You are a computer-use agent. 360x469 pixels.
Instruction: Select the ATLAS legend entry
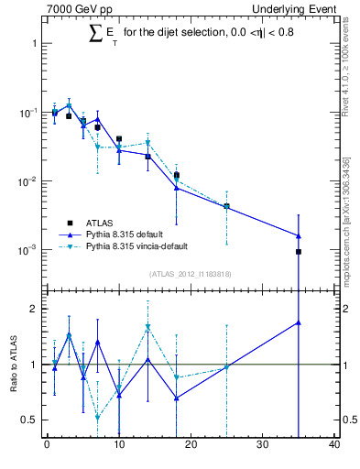[101, 222]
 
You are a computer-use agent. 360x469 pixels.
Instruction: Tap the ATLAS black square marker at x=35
[299, 251]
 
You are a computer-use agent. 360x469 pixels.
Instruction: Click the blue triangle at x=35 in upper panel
[299, 235]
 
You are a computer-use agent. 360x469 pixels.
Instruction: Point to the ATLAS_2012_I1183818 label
[190, 273]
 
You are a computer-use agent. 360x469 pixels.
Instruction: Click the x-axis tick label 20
[191, 445]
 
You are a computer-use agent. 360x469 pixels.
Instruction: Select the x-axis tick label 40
[334, 445]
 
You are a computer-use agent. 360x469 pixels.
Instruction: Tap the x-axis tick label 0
[47, 445]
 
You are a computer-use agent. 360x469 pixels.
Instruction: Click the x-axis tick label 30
[263, 445]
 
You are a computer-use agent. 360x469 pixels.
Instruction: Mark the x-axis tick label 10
[119, 445]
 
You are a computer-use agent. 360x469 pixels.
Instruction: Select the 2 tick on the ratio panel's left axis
[33, 309]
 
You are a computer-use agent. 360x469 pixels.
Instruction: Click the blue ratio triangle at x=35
[299, 322]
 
